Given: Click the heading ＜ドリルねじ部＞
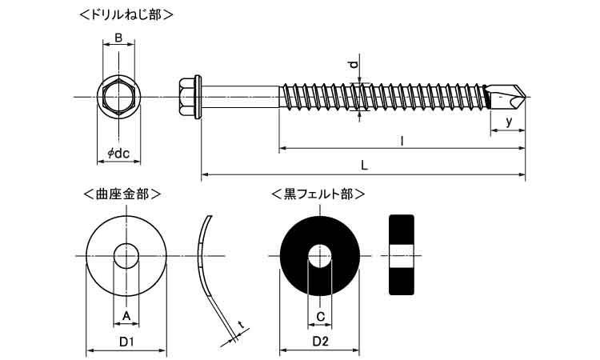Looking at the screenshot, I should click(127, 14).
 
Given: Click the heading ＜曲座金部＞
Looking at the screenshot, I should click(122, 194).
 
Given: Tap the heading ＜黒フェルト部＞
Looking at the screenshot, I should click(318, 194).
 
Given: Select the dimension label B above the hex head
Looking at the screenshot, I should click(118, 38).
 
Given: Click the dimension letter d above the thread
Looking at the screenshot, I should click(354, 64).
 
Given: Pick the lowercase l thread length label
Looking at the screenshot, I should click(402, 141).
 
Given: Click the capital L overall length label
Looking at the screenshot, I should click(364, 166).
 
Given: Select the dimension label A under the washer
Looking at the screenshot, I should click(125, 318).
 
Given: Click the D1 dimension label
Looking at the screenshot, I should click(126, 342).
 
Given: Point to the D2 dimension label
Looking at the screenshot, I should click(319, 342).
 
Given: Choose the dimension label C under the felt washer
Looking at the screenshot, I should click(320, 318).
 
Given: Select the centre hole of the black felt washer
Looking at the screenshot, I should click(320, 256).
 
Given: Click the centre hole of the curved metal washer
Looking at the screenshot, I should click(126, 256).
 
